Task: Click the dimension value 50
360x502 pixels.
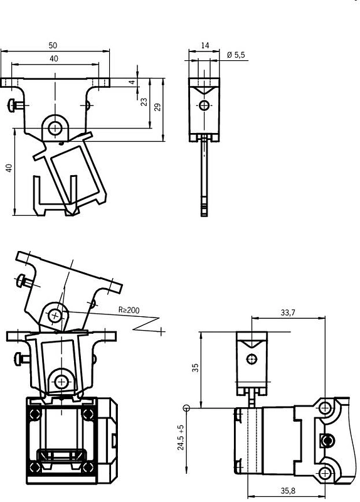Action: (53, 45)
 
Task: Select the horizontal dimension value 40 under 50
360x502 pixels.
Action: (54, 58)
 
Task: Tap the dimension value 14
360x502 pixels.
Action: (205, 45)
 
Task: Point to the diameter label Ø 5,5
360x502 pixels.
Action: (236, 55)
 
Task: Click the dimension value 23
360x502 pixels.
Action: (144, 102)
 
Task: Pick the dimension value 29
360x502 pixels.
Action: (157, 107)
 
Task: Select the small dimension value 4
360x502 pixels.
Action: (132, 82)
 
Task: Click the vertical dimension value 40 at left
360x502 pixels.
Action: (9, 168)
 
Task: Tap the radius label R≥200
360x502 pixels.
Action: (129, 310)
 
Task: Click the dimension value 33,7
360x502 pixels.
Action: (288, 312)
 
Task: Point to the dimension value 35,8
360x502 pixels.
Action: (288, 490)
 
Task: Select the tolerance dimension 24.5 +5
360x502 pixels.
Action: (181, 437)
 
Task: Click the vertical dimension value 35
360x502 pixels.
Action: (195, 368)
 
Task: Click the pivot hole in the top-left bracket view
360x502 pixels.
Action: (55, 129)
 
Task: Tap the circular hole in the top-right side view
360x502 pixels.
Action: (204, 105)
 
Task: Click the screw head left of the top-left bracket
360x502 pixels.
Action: (11, 105)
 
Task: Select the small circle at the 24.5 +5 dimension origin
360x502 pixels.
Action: (186, 408)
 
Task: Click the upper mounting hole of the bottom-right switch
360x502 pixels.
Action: (325, 407)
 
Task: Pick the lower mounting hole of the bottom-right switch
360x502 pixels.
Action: (324, 473)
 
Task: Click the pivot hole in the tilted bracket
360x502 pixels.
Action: (55, 316)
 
